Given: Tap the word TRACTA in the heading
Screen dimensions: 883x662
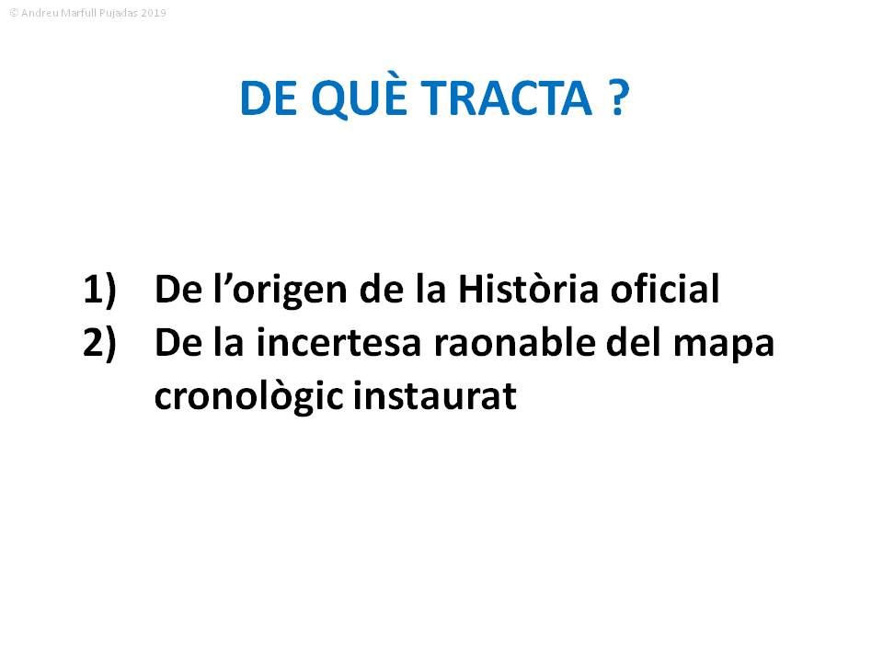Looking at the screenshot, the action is pyautogui.click(x=506, y=98).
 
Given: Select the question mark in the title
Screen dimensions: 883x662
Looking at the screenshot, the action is pyautogui.click(x=618, y=98).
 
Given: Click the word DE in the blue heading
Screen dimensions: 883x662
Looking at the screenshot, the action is pyautogui.click(x=269, y=98).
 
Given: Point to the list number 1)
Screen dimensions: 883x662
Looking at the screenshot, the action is pyautogui.click(x=99, y=290).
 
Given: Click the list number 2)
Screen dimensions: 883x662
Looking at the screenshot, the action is pyautogui.click(x=99, y=342).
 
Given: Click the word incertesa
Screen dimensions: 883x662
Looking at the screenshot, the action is pyautogui.click(x=338, y=342).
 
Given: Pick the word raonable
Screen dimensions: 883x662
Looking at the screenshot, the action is pyautogui.click(x=514, y=342).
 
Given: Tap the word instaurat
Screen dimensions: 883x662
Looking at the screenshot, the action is pyautogui.click(x=435, y=395).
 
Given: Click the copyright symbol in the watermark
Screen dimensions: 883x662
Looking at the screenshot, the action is pyautogui.click(x=14, y=12).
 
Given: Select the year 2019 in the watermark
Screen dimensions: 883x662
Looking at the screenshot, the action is pyautogui.click(x=154, y=12).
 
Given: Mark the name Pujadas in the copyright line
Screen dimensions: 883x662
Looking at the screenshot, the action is pyautogui.click(x=119, y=13).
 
